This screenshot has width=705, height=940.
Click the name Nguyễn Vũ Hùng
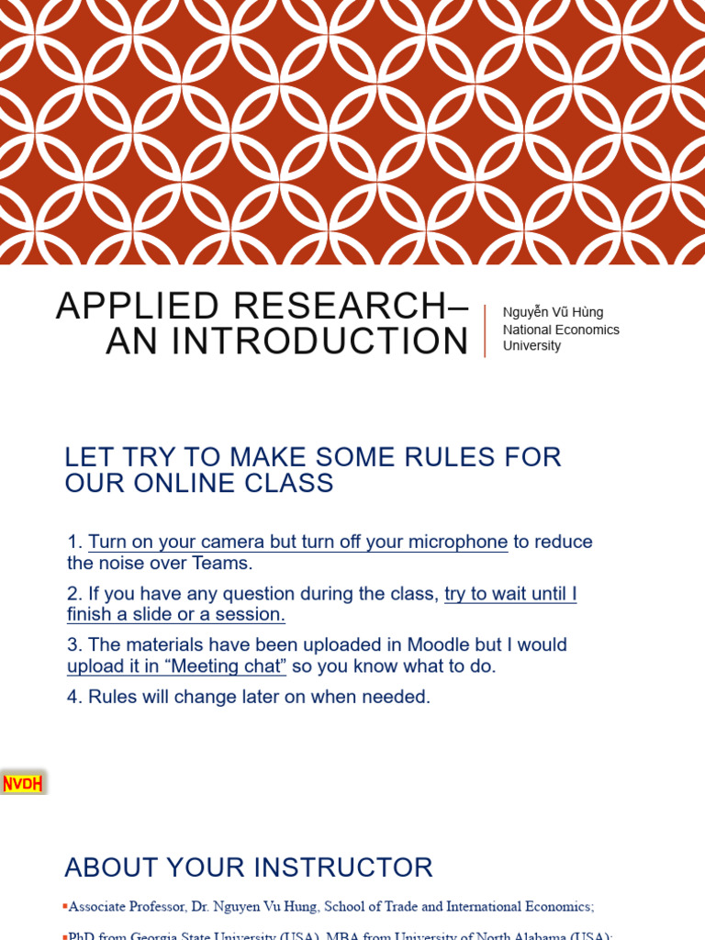point(553,312)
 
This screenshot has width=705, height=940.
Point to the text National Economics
point(561,330)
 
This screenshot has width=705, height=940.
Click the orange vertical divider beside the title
point(485,330)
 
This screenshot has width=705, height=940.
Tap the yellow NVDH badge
point(23,783)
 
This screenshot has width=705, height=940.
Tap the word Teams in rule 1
point(220,563)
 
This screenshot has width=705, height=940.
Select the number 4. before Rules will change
point(75,697)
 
